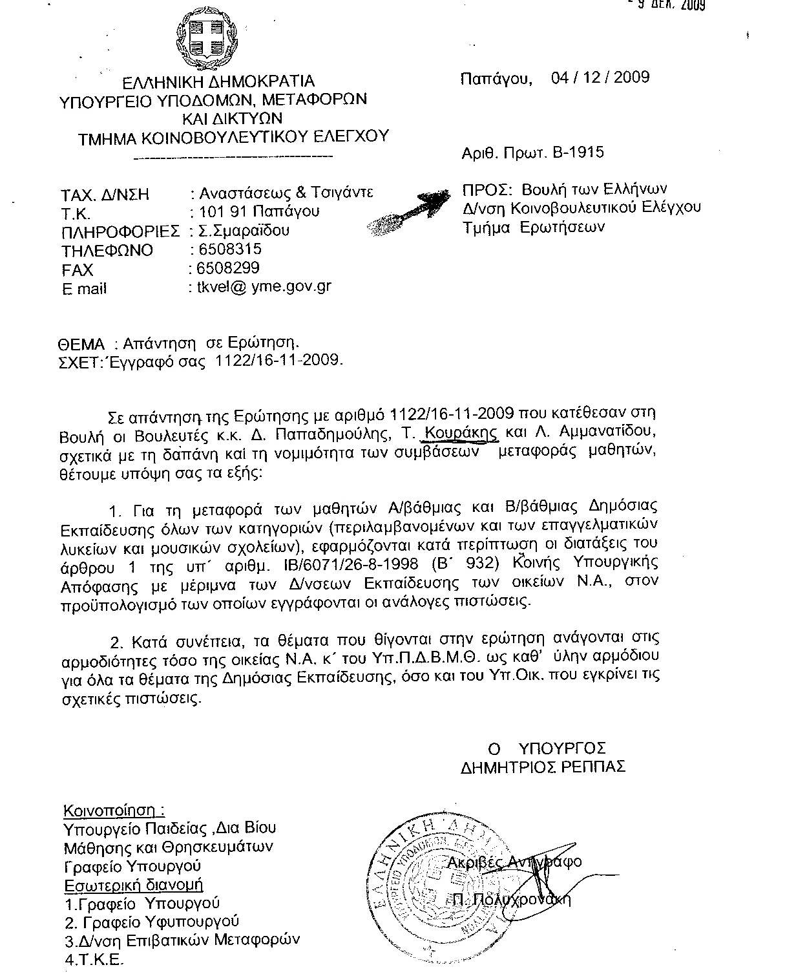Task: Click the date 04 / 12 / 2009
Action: click(600, 78)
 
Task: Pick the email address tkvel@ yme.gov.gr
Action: click(264, 287)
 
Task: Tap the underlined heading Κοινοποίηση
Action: click(113, 811)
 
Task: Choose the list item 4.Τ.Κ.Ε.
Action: click(94, 960)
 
